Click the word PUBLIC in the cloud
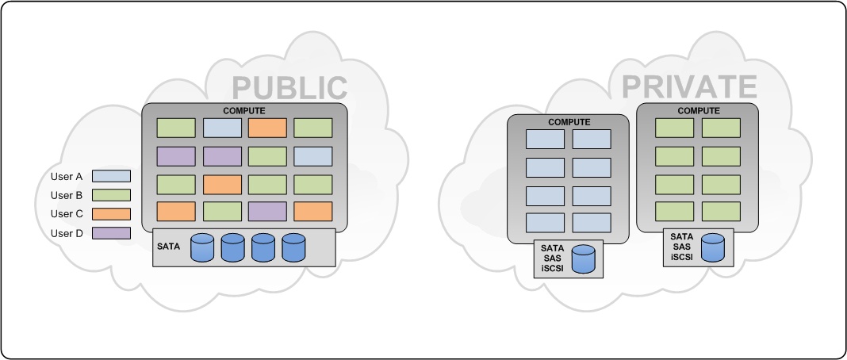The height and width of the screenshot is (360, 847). pos(290,88)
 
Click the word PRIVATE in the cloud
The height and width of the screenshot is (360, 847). pos(689,86)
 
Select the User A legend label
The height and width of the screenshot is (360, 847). pos(66,175)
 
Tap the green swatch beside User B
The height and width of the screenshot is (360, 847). pos(111,194)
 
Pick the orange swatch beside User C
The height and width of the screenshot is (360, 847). pos(111,214)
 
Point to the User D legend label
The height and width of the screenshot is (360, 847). pos(66,233)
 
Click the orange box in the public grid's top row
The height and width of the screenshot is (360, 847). pos(267,128)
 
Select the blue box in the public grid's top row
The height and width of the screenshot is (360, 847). pos(222,128)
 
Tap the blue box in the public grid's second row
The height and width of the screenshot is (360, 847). pos(313,156)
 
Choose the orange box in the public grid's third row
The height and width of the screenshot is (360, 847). pos(222,185)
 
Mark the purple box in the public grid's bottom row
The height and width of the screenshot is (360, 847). pos(267,213)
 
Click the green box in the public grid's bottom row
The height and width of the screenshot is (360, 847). pos(222,213)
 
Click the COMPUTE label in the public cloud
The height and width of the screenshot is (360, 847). pos(244,110)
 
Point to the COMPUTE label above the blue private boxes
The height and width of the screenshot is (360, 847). pos(569,122)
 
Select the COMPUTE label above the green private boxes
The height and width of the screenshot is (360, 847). pos(699,111)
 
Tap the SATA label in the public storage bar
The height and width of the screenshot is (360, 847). pos(168,247)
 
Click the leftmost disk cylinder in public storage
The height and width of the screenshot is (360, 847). pos(202,247)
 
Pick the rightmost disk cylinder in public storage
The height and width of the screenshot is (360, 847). pos(293,247)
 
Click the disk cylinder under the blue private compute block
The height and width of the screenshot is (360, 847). pos(584,259)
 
